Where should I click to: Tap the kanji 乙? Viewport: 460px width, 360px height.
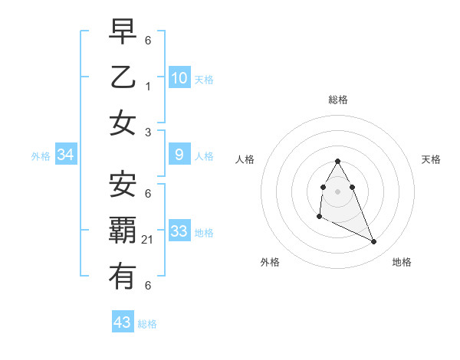pyautogui.click(x=123, y=77)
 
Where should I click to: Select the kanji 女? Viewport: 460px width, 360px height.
pyautogui.click(x=123, y=123)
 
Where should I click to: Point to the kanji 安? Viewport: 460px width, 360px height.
pyautogui.click(x=123, y=185)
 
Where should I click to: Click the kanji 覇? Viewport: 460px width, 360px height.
pyautogui.click(x=123, y=231)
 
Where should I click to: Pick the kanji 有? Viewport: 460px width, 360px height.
pyautogui.click(x=123, y=277)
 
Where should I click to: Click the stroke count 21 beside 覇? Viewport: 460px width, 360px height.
pyautogui.click(x=148, y=240)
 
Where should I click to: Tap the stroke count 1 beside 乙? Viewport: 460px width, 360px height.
pyautogui.click(x=148, y=87)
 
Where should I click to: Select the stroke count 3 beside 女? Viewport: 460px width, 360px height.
pyautogui.click(x=148, y=133)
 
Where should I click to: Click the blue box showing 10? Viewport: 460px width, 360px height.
pyautogui.click(x=179, y=77)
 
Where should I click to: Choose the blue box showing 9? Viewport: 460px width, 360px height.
pyautogui.click(x=179, y=155)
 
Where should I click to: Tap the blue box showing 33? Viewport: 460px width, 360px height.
pyautogui.click(x=179, y=231)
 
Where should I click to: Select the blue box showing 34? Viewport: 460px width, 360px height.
pyautogui.click(x=66, y=155)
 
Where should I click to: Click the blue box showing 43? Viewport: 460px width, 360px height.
pyautogui.click(x=123, y=322)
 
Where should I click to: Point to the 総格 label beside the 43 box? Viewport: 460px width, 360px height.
pyautogui.click(x=147, y=324)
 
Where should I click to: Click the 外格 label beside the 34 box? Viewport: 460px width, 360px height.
pyautogui.click(x=41, y=156)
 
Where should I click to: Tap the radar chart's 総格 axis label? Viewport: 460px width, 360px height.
pyautogui.click(x=338, y=100)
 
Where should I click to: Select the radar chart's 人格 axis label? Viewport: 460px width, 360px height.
pyautogui.click(x=245, y=159)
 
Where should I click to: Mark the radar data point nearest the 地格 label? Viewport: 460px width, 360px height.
pyautogui.click(x=374, y=242)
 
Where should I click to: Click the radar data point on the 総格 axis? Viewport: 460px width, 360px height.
pyautogui.click(x=337, y=161)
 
